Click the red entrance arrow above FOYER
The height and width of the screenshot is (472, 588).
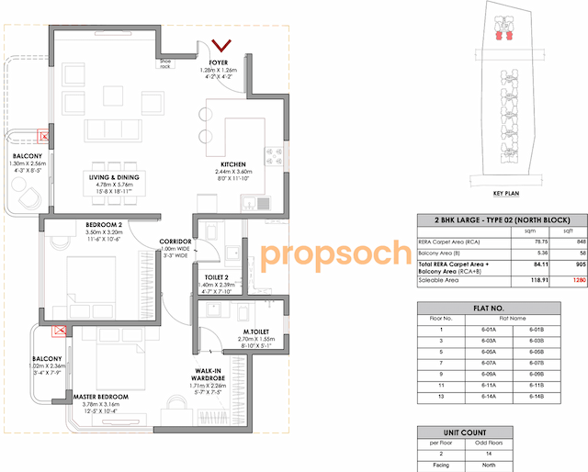[221, 44]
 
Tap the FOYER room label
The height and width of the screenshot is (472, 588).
[218, 62]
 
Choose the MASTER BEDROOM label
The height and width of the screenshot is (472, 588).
[102, 397]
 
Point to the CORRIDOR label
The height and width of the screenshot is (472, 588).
[175, 241]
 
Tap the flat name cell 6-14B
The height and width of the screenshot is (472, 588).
[537, 396]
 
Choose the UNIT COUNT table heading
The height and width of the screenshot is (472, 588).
[464, 433]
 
